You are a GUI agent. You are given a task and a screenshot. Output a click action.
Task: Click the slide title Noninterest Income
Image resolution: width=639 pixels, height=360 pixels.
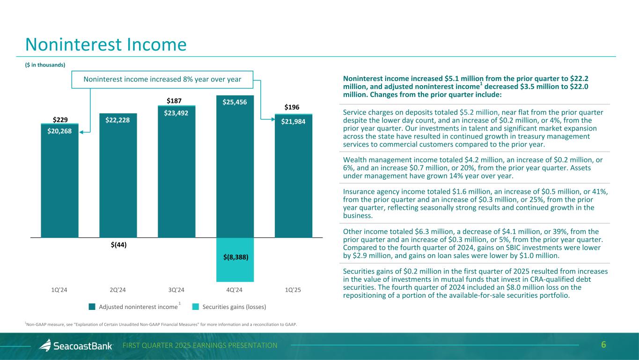(x=106, y=44)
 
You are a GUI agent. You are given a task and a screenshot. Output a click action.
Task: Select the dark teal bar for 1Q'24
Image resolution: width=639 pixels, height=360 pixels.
(x=59, y=187)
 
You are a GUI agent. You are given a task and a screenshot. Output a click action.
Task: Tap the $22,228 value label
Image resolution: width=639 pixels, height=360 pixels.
(x=118, y=120)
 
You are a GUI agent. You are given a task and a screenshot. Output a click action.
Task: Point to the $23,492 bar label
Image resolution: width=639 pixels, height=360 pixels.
(x=176, y=112)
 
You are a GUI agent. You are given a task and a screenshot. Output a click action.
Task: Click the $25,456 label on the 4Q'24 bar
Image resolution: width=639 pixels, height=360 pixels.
(x=235, y=102)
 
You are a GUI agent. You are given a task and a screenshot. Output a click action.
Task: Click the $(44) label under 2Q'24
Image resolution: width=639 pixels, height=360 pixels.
(x=118, y=244)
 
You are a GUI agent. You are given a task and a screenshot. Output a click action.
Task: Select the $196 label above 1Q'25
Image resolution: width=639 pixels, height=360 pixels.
(x=294, y=108)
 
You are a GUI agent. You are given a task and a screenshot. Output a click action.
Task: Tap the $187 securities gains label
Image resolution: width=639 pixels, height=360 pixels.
(x=176, y=101)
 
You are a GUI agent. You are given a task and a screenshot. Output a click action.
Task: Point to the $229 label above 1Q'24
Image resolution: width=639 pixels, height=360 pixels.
(x=59, y=119)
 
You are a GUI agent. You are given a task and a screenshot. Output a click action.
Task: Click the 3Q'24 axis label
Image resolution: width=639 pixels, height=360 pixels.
(x=176, y=290)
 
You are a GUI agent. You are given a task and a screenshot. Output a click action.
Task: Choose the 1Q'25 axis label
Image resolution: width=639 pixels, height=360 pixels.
(x=293, y=290)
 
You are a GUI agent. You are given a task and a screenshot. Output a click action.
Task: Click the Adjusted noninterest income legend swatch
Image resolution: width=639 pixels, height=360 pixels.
(x=92, y=307)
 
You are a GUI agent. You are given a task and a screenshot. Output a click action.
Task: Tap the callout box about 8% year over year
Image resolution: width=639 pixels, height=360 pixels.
(x=162, y=79)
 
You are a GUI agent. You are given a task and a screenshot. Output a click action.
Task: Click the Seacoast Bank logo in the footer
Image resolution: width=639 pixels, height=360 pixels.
(x=76, y=345)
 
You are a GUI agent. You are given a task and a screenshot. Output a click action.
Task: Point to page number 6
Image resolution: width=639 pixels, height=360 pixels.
(x=603, y=345)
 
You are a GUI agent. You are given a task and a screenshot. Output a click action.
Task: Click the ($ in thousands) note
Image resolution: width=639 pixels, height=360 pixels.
(x=45, y=65)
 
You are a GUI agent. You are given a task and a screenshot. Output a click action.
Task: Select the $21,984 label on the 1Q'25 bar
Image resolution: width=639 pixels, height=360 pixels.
(x=294, y=122)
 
